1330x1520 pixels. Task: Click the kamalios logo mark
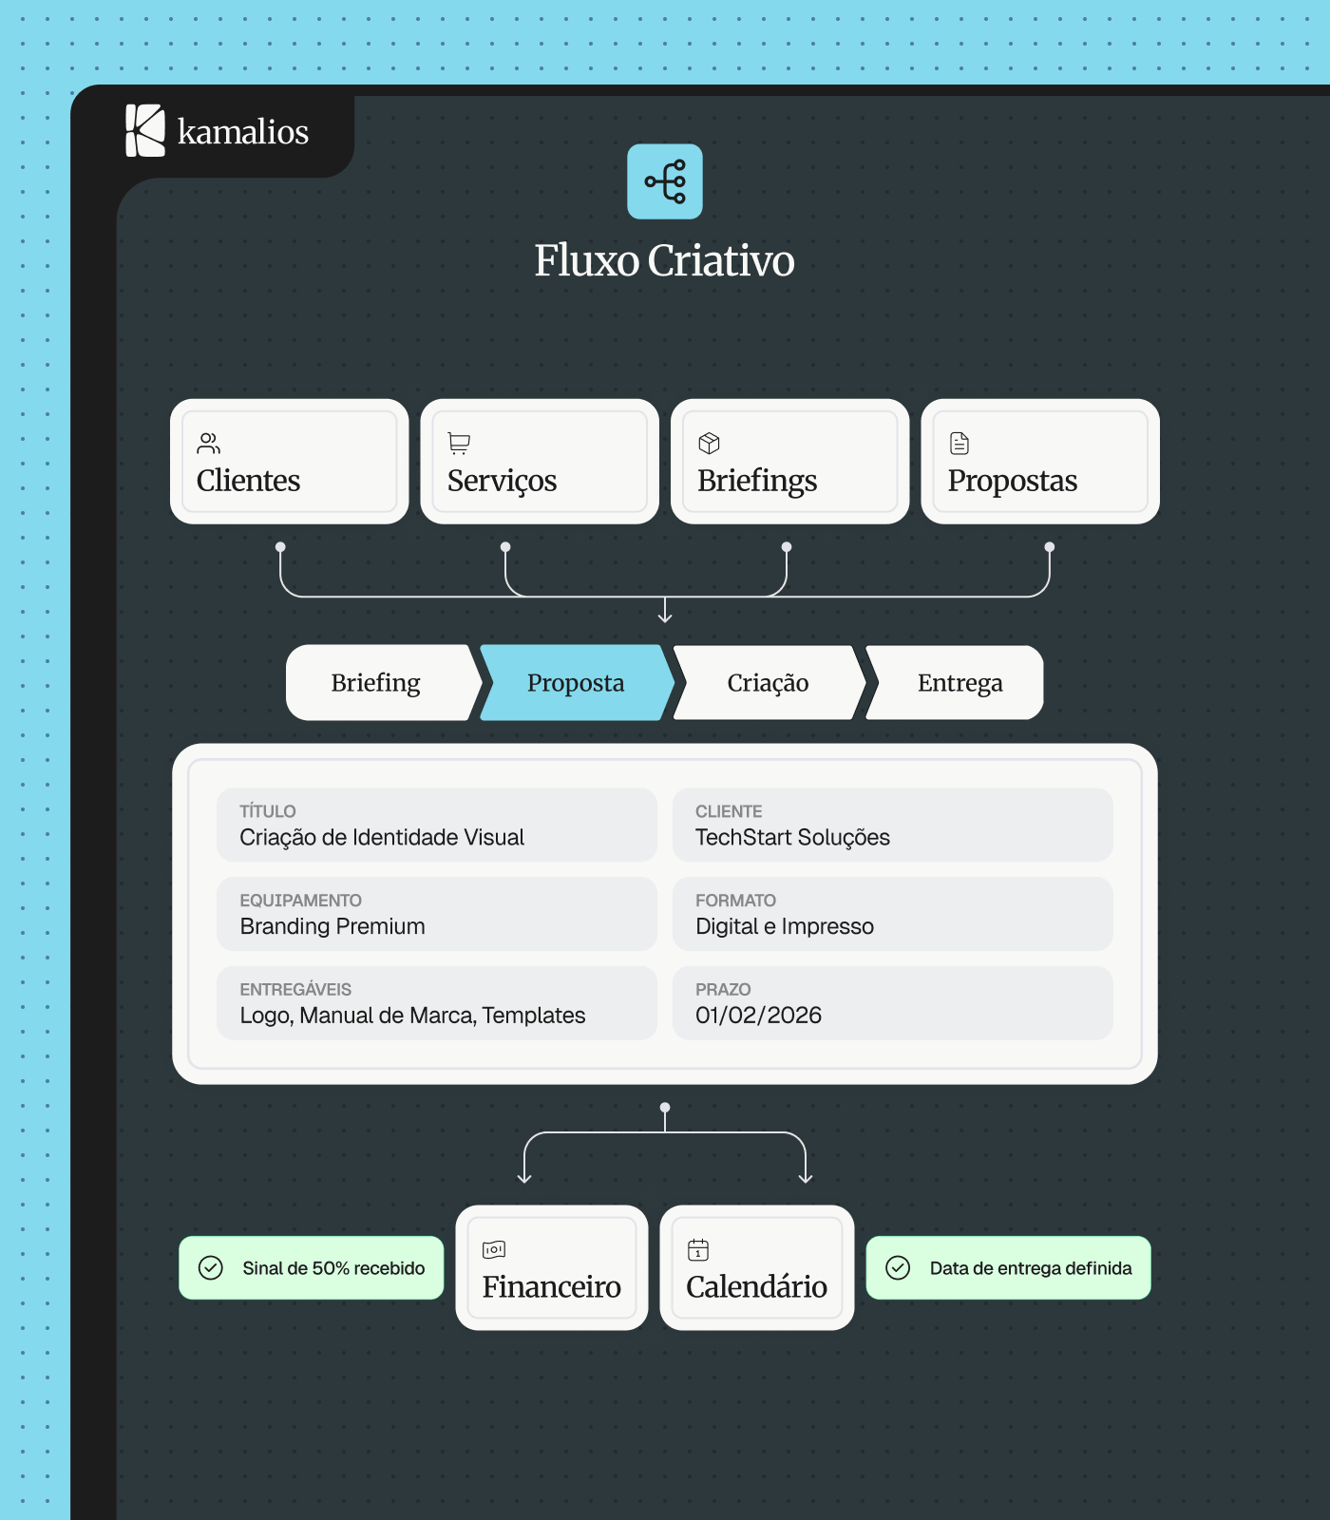[145, 131]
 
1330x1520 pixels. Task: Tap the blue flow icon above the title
[665, 181]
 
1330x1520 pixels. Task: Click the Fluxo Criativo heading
[664, 261]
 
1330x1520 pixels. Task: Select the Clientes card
[290, 462]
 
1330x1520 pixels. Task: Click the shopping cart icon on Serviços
[459, 444]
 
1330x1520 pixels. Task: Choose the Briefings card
[789, 462]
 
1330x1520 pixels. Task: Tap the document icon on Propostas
[959, 444]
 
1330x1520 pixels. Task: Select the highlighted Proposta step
[577, 682]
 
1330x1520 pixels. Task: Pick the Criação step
[769, 682]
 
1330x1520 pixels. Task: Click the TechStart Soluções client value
[792, 837]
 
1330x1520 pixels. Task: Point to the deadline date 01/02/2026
[758, 1016]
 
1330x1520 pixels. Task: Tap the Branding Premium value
[332, 926]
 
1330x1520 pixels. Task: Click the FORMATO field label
[735, 900]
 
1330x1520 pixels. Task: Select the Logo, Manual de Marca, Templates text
[412, 1016]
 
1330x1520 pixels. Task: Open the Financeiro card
[552, 1267]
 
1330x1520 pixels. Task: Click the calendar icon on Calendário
[698, 1249]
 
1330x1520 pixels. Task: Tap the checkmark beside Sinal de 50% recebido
[211, 1267]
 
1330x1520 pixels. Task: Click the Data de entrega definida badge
[1008, 1267]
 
